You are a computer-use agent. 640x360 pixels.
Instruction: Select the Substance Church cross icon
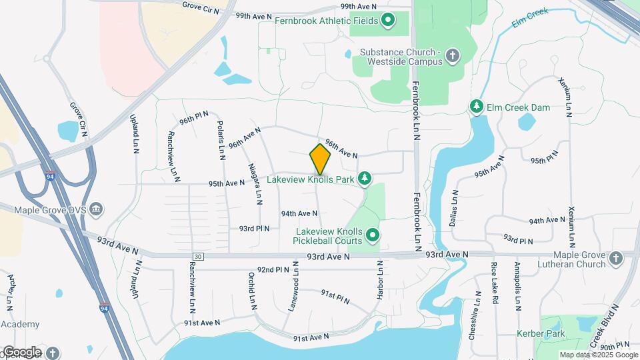(x=453, y=55)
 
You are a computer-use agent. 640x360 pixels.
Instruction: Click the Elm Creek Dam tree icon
(x=476, y=105)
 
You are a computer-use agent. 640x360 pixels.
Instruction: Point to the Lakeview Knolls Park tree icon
(x=364, y=178)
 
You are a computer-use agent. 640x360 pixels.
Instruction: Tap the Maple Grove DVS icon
(x=96, y=210)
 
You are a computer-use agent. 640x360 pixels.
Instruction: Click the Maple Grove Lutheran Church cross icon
(x=615, y=257)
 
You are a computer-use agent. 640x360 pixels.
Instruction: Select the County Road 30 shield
(x=197, y=256)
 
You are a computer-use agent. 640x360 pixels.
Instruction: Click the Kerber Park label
(x=541, y=333)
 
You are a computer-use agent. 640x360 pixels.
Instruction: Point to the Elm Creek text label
(x=529, y=20)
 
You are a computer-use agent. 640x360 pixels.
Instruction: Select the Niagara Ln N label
(x=255, y=183)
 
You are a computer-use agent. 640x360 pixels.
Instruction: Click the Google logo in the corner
(x=22, y=351)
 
